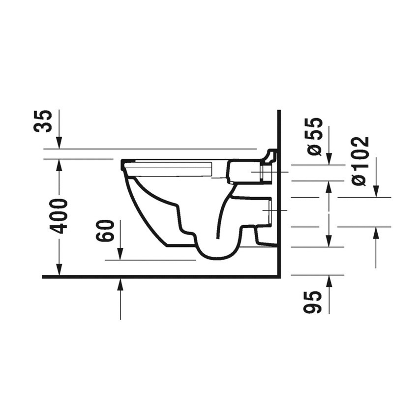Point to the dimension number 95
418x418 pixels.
click(x=313, y=301)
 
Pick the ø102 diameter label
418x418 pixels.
click(x=360, y=161)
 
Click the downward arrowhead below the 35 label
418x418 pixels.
click(x=59, y=143)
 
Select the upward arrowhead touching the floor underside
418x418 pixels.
click(x=120, y=284)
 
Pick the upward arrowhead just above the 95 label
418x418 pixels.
click(x=328, y=281)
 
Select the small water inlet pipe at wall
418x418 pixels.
click(x=265, y=173)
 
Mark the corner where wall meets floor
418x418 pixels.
click(x=278, y=277)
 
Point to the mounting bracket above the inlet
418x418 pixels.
click(x=270, y=156)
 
